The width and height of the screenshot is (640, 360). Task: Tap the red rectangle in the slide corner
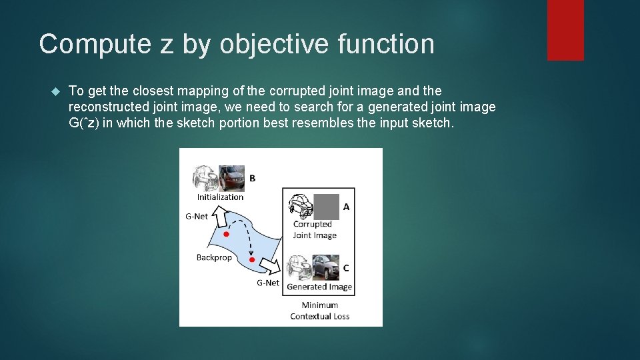coord(565,30)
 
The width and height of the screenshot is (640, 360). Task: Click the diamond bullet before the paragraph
coord(55,91)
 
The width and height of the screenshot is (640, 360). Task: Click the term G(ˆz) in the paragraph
coord(84,123)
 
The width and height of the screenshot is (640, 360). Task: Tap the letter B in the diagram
coord(252,178)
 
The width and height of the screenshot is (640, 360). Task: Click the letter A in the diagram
coord(346,207)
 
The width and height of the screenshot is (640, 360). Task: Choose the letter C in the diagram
coord(346,268)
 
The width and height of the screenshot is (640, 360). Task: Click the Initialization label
coord(220,197)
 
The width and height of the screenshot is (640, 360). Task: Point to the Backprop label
coord(214,257)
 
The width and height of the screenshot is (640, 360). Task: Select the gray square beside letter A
coord(327,206)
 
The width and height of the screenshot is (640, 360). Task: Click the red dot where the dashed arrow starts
coord(227,235)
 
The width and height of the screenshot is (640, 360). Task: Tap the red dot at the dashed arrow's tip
coord(251,259)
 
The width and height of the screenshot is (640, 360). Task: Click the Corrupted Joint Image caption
coord(315,229)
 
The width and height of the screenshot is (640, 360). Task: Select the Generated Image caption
coord(319,287)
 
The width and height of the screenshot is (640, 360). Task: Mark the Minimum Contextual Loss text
coord(319,311)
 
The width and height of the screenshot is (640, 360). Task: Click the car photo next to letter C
coord(326,267)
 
